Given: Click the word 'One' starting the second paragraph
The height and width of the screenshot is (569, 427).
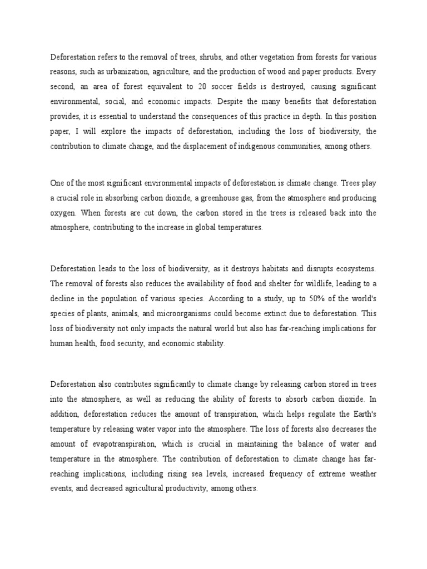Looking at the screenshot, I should (58, 184).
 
